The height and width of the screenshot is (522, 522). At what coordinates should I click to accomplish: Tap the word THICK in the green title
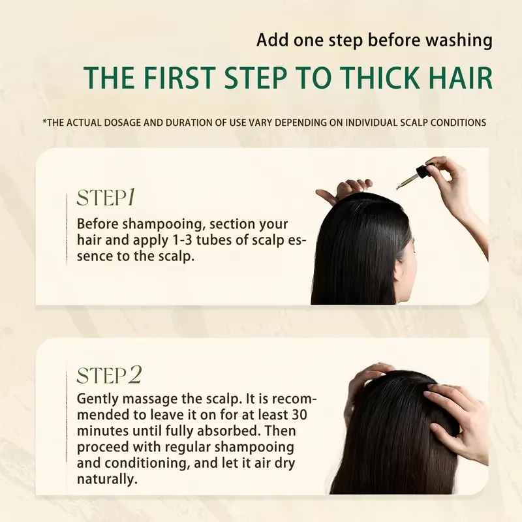point(371,77)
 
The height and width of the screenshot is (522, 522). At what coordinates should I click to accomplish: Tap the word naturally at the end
point(106,480)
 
